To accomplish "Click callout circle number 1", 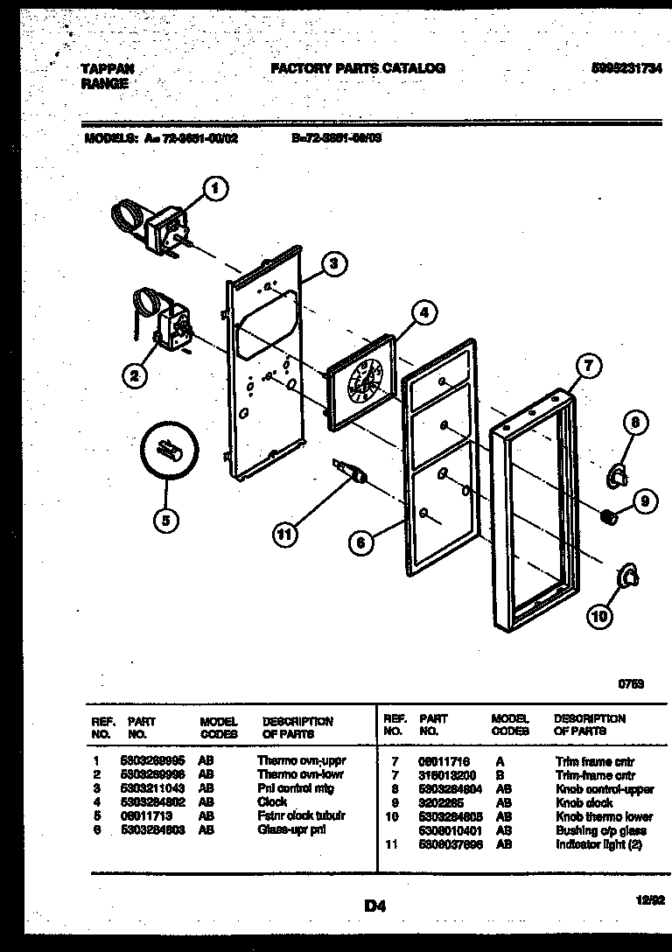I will (215, 186).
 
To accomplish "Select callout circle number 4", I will (423, 311).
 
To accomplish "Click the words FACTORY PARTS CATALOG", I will (357, 67).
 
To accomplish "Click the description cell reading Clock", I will (272, 801).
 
